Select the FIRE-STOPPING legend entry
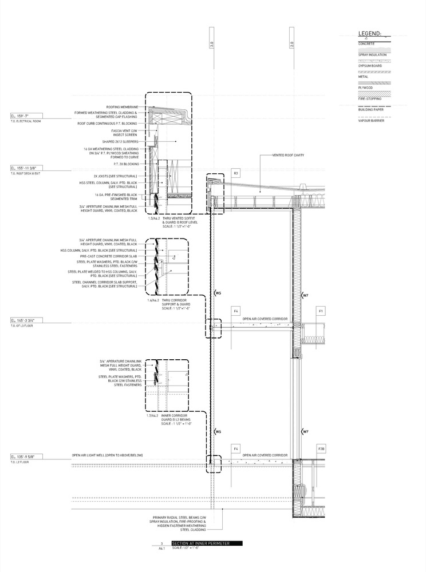pos(369,100)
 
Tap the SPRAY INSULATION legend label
pos(372,54)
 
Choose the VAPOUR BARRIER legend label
pos(370,121)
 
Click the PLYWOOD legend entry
pos(366,88)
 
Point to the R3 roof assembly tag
pos(235,172)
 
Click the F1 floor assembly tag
pos(321,311)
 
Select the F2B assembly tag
pos(321,450)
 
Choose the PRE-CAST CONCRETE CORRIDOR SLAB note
pos(112,256)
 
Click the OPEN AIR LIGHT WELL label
pos(107,455)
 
